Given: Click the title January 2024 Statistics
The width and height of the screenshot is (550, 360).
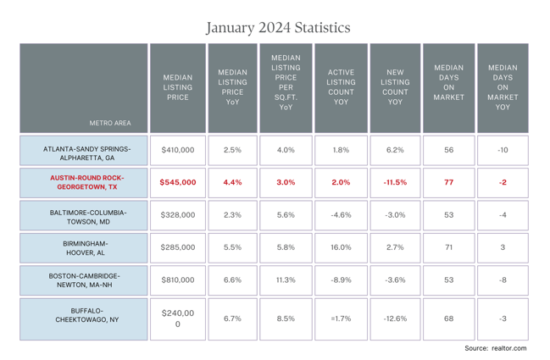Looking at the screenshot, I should pos(278,27).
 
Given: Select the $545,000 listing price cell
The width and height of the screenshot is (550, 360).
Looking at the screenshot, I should pos(177,182).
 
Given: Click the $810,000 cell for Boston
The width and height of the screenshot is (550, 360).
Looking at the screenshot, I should pos(177,280).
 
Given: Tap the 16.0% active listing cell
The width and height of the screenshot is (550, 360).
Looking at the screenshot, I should pos(340,247).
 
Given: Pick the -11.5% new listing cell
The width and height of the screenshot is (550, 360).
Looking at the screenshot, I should pos(395,182).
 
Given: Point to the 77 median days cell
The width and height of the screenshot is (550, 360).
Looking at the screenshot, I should pos(449,182).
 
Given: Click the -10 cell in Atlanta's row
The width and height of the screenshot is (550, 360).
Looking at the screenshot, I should pos(503,150).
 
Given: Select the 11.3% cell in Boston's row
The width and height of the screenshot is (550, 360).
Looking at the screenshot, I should pos(286,280).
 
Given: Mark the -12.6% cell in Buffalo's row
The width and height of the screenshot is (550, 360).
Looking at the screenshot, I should pos(395,318).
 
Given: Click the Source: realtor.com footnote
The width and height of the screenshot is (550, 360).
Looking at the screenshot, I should pos(495,348).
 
